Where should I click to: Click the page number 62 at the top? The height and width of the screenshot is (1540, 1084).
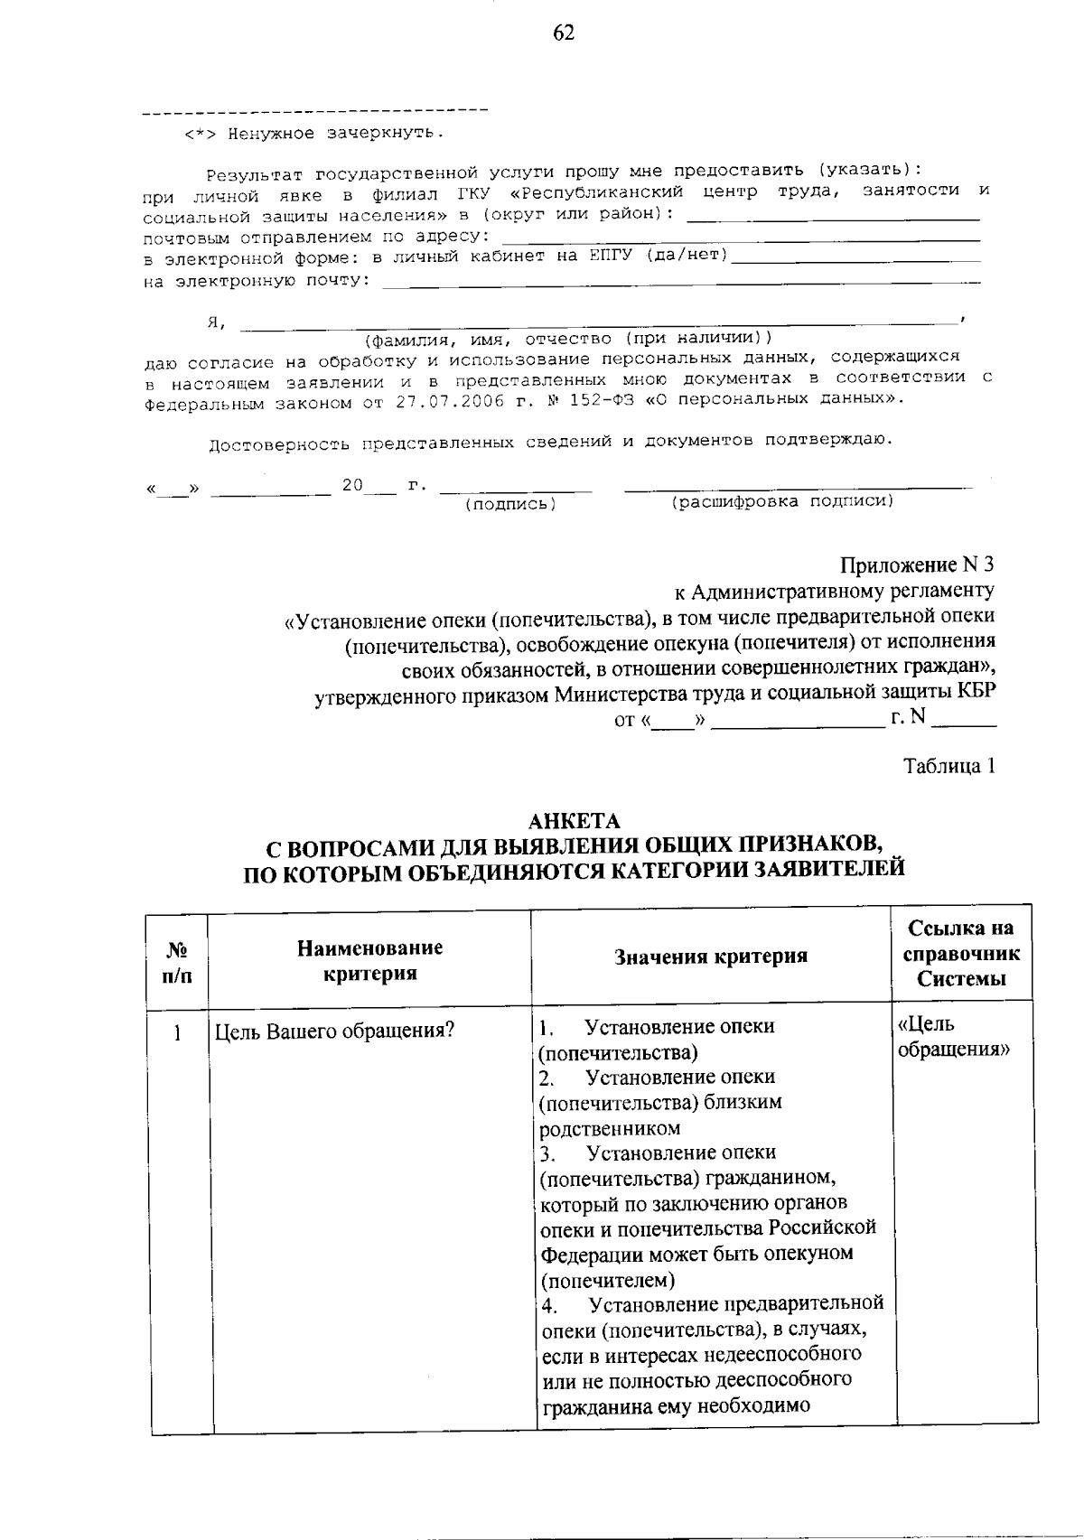(x=563, y=33)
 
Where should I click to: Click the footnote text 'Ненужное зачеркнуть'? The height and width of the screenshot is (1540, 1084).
(x=333, y=134)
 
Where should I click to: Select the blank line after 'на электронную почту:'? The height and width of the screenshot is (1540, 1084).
(x=677, y=285)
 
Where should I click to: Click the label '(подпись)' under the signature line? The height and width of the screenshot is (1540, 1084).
(x=510, y=505)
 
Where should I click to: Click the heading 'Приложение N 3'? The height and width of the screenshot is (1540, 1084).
(x=917, y=565)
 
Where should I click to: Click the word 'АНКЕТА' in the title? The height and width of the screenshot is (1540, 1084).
(x=575, y=821)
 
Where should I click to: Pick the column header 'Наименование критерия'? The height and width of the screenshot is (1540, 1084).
(x=370, y=960)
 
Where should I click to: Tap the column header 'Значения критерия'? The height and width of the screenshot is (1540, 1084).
(x=711, y=957)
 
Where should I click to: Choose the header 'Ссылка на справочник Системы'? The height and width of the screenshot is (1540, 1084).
(x=962, y=954)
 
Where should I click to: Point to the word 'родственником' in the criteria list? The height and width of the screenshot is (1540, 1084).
(x=610, y=1128)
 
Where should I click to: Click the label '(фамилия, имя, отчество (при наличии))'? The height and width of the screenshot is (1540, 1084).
(x=567, y=340)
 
